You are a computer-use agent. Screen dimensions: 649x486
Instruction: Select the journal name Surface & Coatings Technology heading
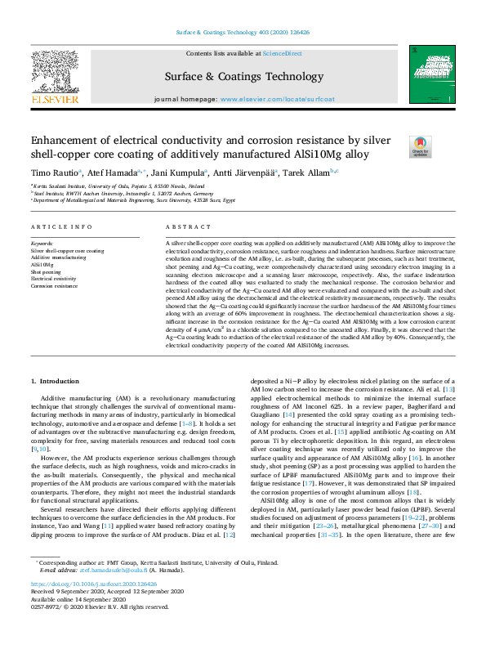243,75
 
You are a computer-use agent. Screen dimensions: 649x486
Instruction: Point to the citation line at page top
243,33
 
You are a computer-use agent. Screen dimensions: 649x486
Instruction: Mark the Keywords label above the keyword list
42,244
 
